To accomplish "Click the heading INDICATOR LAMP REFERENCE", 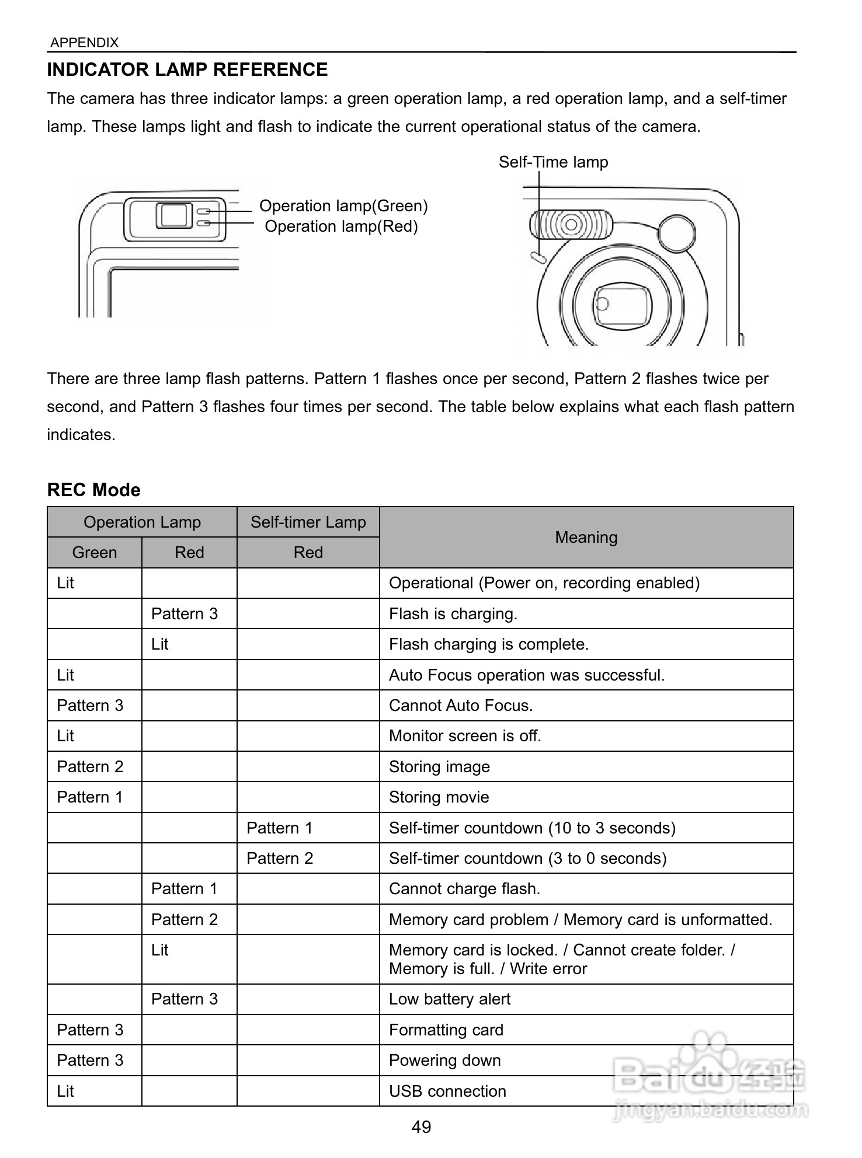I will tap(187, 69).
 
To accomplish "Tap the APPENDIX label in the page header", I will tap(84, 43).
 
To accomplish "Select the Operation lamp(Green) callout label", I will tap(343, 206).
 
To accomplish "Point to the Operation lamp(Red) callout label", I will tap(341, 226).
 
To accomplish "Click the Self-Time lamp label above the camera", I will tap(552, 162).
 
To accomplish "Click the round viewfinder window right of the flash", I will tap(676, 233).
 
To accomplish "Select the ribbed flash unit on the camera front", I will tap(571, 224).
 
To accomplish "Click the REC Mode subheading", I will tap(93, 490).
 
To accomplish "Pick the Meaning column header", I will tap(586, 538).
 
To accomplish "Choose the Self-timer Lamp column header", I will tap(308, 522).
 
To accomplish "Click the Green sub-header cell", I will tap(94, 553).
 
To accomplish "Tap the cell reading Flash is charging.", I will tap(453, 614).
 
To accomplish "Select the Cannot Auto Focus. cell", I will tap(461, 706).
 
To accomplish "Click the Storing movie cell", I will tap(439, 797).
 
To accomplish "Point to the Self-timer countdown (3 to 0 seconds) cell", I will tap(527, 859).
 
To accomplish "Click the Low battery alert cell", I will tap(449, 999).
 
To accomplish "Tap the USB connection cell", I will tap(447, 1091).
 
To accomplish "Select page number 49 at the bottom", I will tap(421, 1127).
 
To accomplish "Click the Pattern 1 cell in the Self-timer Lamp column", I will tap(279, 828).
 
